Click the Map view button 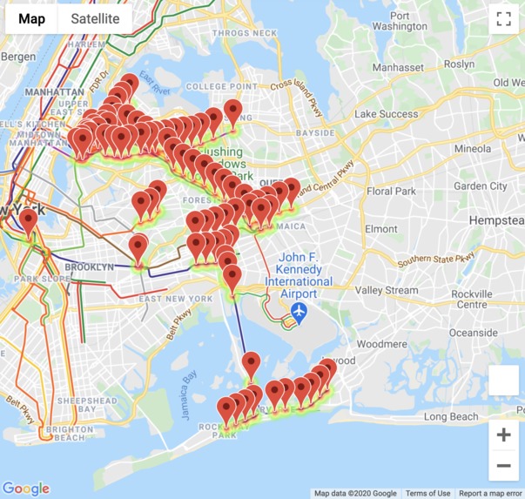32,18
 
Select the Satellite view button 95,18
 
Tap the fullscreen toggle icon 503,19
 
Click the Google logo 26,489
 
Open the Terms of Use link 427,494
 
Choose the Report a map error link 490,494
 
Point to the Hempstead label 495,221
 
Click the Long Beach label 451,417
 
